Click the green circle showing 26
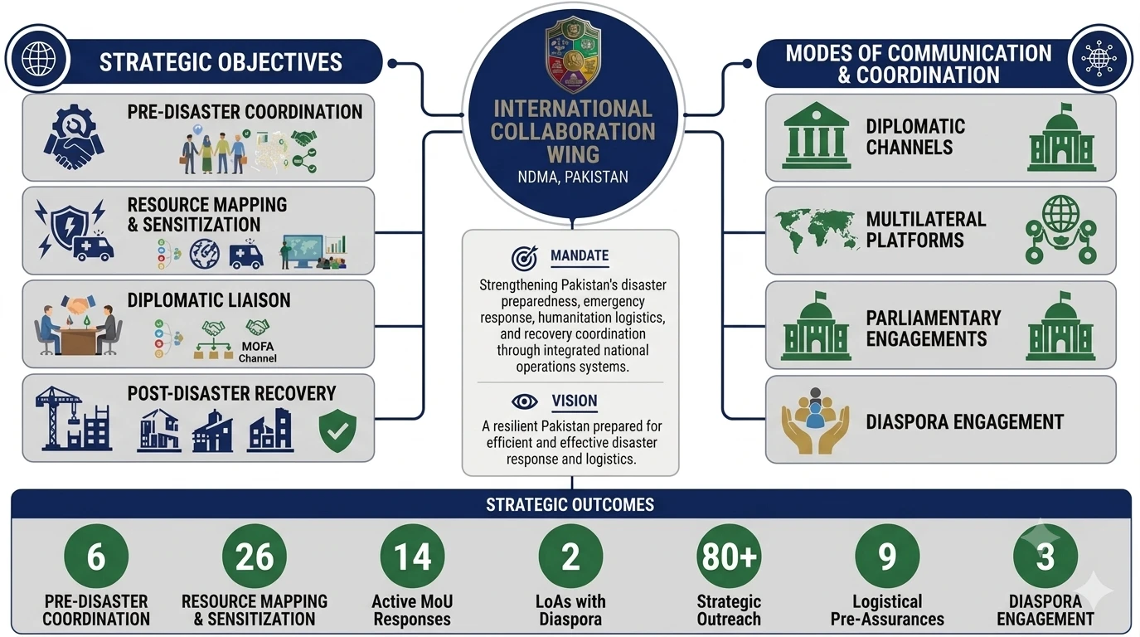click(x=255, y=556)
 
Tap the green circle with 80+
click(x=729, y=556)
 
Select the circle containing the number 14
click(x=412, y=556)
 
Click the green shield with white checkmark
click(x=337, y=430)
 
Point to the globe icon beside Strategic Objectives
click(x=39, y=59)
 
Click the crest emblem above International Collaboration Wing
click(x=573, y=54)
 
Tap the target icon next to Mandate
click(x=524, y=258)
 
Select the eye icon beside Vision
click(x=524, y=401)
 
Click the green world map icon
click(x=815, y=230)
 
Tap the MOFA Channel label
click(x=258, y=353)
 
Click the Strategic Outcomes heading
click(x=570, y=504)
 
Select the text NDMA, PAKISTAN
click(x=573, y=177)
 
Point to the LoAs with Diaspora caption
click(x=570, y=610)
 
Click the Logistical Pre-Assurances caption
click(x=887, y=610)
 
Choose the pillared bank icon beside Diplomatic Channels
click(x=817, y=135)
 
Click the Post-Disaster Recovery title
click(x=231, y=394)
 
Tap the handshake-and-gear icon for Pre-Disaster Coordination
click(x=74, y=137)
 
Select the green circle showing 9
click(x=887, y=556)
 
